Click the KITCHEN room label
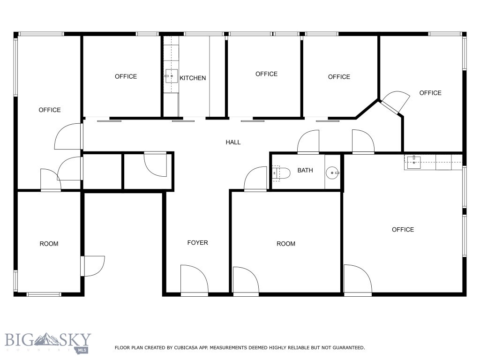click(x=193, y=78)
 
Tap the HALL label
click(x=233, y=142)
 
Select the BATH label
click(x=305, y=171)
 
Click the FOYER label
click(x=197, y=243)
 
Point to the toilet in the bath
click(x=279, y=173)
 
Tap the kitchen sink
click(x=171, y=75)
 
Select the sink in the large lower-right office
click(x=413, y=162)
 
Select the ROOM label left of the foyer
click(x=49, y=244)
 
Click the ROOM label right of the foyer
click(x=286, y=244)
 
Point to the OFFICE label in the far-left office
click(x=50, y=110)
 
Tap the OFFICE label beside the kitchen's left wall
click(x=126, y=76)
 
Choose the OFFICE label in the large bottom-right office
click(x=403, y=230)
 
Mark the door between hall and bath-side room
click(x=256, y=180)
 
